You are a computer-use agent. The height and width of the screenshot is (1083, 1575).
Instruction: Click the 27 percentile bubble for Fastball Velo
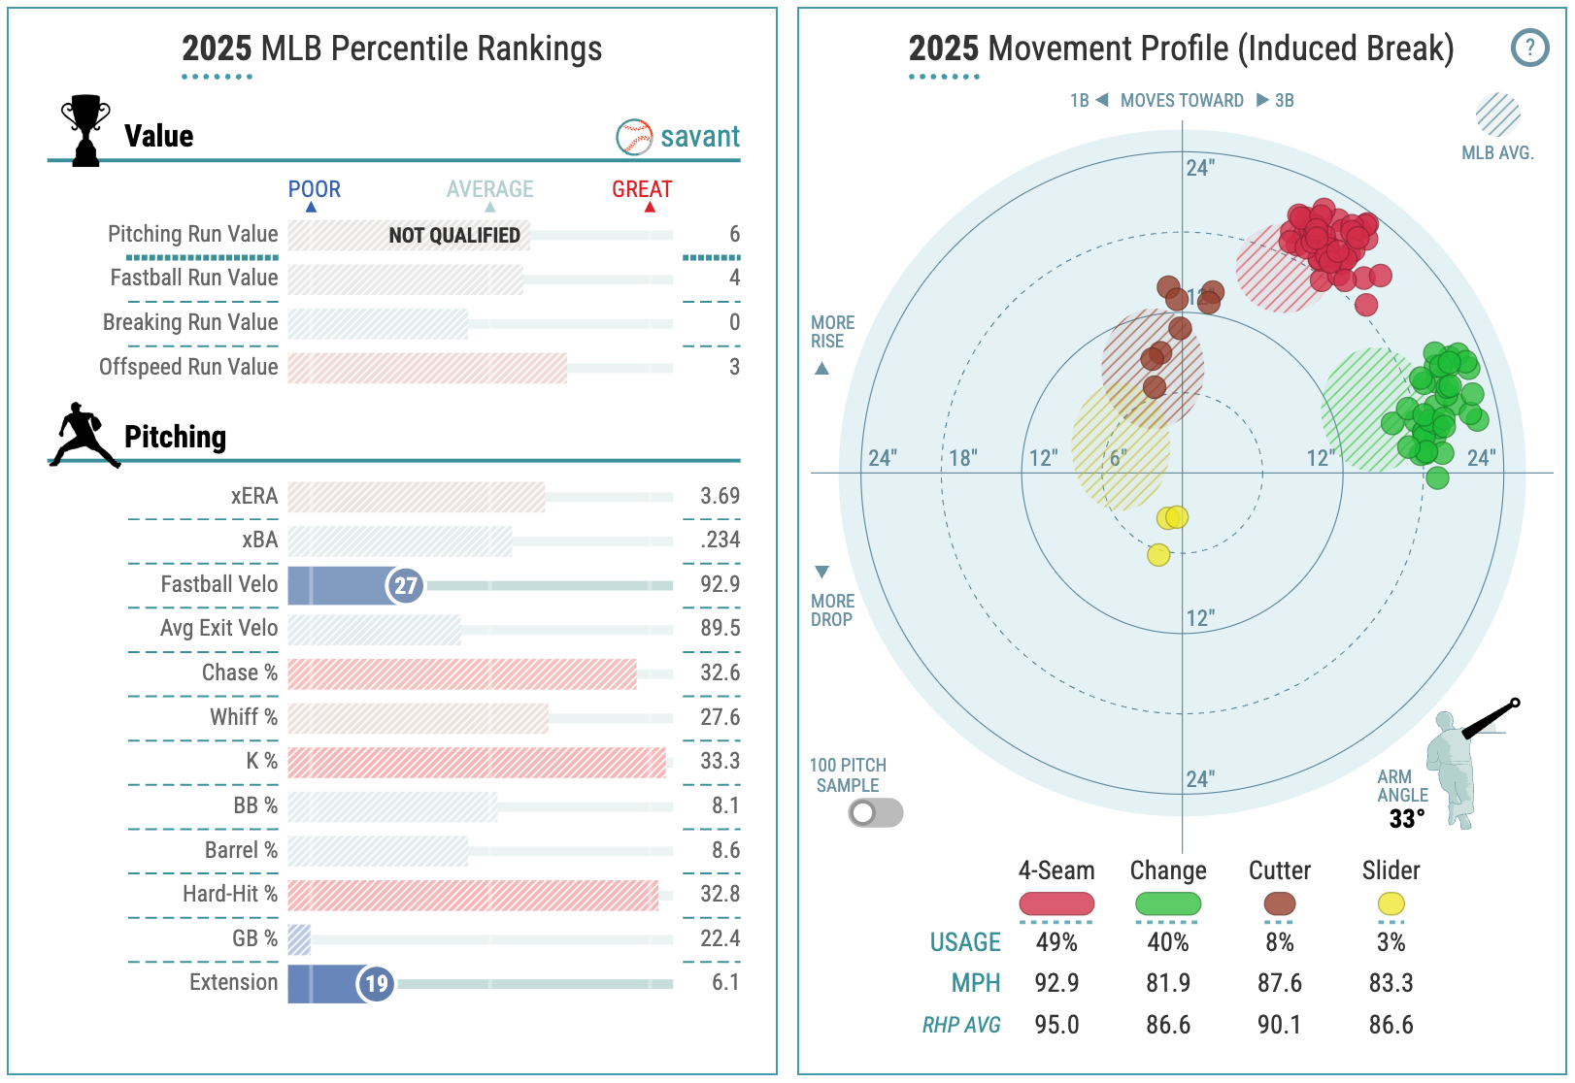click(x=405, y=585)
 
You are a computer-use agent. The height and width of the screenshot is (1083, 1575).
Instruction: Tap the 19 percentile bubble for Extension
click(x=376, y=984)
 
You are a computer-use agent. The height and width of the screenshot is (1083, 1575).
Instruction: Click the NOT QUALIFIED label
click(x=453, y=235)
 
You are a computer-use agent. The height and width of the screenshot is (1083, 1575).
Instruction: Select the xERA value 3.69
click(x=720, y=496)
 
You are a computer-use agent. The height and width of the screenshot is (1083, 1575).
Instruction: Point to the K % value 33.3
click(x=720, y=761)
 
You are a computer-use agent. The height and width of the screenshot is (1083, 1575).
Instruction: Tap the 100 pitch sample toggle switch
click(x=875, y=812)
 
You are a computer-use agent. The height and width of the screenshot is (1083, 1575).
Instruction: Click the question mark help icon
click(x=1529, y=47)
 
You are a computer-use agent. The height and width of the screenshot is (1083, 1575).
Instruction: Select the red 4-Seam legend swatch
click(x=1056, y=903)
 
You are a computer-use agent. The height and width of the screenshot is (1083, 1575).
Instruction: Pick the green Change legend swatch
click(x=1168, y=903)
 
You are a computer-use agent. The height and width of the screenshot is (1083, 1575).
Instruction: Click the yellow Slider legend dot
click(x=1391, y=903)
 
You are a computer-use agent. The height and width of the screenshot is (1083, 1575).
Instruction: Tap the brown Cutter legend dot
click(x=1279, y=903)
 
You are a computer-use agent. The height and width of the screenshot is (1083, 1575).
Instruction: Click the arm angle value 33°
click(x=1406, y=819)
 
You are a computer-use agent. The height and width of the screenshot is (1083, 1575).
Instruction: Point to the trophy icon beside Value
click(x=85, y=130)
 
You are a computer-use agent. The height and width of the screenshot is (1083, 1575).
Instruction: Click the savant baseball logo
click(x=634, y=137)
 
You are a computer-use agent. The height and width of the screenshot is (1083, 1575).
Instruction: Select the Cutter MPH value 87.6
click(x=1279, y=983)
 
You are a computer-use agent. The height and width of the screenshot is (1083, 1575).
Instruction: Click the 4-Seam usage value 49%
click(x=1056, y=942)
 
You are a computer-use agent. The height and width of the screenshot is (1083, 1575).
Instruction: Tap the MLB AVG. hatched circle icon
click(x=1497, y=115)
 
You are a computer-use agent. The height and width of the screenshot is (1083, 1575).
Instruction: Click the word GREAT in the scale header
click(x=642, y=189)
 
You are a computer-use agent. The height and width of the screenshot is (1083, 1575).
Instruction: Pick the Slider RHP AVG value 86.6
click(x=1391, y=1025)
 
